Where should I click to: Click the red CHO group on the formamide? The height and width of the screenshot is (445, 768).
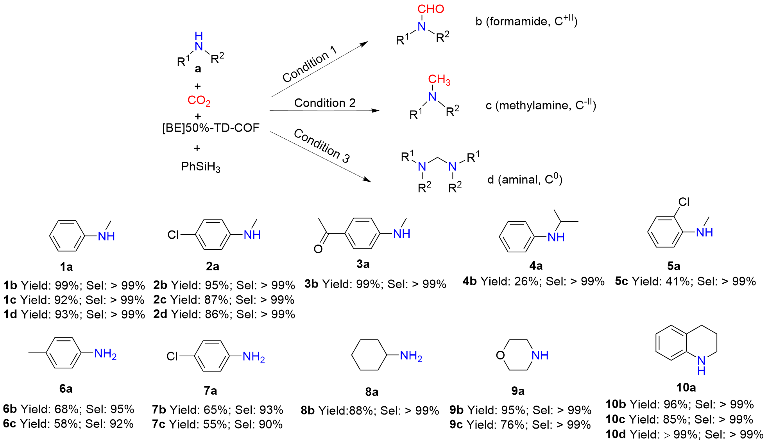430,9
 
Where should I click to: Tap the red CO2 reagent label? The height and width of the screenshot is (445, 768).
199,101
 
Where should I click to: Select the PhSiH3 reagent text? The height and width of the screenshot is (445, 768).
201,167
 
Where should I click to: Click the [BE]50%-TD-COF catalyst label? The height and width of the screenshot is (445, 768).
211,128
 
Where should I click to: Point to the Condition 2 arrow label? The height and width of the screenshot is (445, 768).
325,103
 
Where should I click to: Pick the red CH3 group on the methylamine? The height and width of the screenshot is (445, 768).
439,80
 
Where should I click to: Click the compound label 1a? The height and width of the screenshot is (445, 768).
66,267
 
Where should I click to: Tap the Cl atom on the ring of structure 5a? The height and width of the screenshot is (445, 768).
684,202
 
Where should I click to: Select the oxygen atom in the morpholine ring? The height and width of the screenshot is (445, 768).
500,356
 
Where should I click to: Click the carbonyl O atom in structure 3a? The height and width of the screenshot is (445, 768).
318,249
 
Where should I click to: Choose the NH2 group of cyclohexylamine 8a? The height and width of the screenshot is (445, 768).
411,356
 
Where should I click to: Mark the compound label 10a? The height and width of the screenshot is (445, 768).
686,388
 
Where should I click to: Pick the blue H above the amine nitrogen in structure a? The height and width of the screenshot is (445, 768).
199,36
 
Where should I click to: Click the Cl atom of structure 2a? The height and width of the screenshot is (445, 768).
172,235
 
